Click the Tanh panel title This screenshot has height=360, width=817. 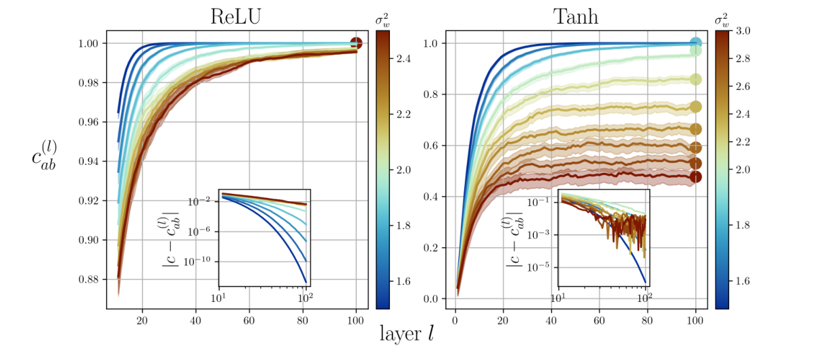pyautogui.click(x=576, y=16)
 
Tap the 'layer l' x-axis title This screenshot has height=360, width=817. pyautogui.click(x=406, y=333)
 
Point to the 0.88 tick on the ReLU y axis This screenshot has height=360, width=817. pyautogui.click(x=89, y=280)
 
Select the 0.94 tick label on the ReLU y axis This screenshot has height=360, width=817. pyautogui.click(x=89, y=161)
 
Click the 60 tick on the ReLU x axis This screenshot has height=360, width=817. pyautogui.click(x=249, y=320)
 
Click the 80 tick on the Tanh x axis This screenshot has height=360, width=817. pyautogui.click(x=647, y=320)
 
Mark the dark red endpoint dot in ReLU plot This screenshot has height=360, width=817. pyautogui.click(x=356, y=43)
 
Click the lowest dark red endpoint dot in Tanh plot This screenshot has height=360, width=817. pyautogui.click(x=695, y=177)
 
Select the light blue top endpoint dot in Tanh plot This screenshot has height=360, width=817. pyautogui.click(x=695, y=43)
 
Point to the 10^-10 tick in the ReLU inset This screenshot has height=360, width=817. pyautogui.click(x=202, y=261)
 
